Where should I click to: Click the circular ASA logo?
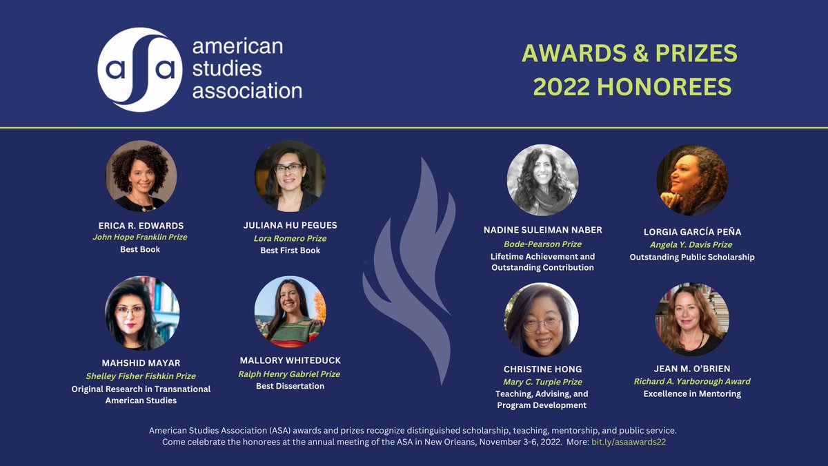coord(140,70)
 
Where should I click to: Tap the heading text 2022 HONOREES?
coord(632,87)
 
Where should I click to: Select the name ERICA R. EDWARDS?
coord(140,226)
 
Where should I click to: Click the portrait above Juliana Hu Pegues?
coord(290,176)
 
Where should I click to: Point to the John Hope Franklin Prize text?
coord(140,237)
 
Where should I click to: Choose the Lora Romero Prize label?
coord(290,238)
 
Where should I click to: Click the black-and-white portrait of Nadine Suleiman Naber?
coord(542,180)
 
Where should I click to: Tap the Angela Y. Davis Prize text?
coord(692,244)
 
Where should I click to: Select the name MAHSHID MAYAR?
coord(141,364)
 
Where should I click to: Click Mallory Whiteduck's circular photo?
coord(290,312)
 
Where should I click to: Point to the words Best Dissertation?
coord(290,386)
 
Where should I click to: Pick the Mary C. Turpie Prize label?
coord(542,382)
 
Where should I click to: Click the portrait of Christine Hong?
coord(542,320)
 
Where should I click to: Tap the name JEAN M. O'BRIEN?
coord(692,369)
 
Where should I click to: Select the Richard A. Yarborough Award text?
coord(692,381)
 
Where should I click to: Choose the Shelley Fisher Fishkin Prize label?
coord(141,376)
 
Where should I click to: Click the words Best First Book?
coord(290,250)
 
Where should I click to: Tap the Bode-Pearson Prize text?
coord(542,244)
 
